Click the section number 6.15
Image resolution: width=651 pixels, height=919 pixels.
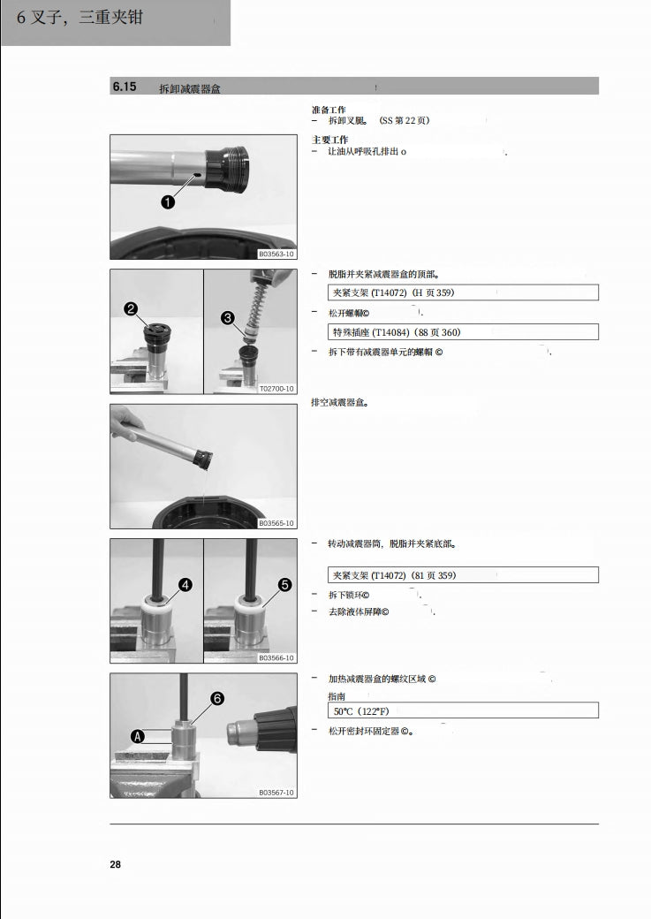(x=124, y=87)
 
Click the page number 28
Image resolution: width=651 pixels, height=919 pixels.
(x=115, y=864)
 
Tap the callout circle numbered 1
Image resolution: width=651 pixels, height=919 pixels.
(x=168, y=201)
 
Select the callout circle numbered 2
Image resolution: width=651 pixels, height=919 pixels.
(x=131, y=308)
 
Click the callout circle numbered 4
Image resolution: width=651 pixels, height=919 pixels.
(x=186, y=584)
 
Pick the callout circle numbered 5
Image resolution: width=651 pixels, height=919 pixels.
(x=284, y=584)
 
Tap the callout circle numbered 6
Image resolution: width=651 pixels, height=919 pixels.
(x=217, y=698)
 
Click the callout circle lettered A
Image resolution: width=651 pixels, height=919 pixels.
(x=138, y=735)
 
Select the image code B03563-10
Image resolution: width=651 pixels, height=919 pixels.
(x=276, y=254)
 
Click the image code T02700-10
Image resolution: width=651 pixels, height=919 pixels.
(x=276, y=389)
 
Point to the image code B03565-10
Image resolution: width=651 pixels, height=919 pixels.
(x=276, y=524)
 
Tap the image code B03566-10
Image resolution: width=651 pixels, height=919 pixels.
(x=276, y=658)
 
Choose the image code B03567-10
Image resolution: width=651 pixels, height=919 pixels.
(x=276, y=793)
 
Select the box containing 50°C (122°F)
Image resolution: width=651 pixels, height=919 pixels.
(x=463, y=710)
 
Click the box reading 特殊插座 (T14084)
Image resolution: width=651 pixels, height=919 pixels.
(x=463, y=332)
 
